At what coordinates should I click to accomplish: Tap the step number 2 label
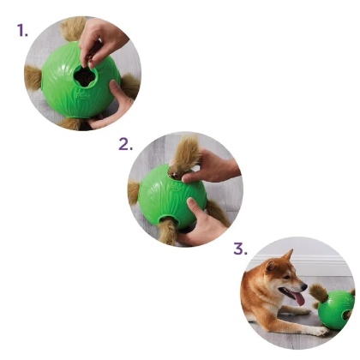[125, 143]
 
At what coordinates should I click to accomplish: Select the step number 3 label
[240, 250]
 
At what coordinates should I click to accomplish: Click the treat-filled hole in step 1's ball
[85, 77]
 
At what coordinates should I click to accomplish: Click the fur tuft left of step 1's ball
[33, 78]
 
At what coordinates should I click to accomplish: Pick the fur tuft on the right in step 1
[130, 84]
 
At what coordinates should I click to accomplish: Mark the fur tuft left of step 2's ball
[134, 195]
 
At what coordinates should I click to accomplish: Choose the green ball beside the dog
[338, 309]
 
